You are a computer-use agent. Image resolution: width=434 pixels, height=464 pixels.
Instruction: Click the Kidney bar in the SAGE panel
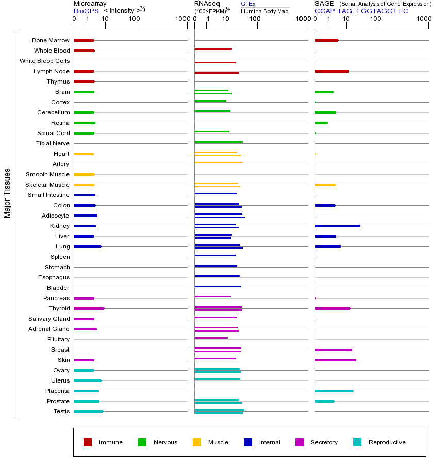click(338, 226)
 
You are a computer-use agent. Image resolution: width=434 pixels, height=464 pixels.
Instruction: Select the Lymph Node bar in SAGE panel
click(332, 71)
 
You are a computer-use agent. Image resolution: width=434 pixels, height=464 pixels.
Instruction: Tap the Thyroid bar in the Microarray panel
click(89, 308)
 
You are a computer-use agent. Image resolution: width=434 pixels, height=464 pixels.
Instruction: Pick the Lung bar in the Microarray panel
click(88, 246)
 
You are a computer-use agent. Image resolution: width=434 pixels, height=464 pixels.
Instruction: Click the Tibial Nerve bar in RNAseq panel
click(219, 142)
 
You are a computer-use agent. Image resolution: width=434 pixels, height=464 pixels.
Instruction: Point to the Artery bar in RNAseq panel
click(219, 162)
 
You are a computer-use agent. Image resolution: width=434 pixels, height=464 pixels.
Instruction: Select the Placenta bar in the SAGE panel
click(334, 391)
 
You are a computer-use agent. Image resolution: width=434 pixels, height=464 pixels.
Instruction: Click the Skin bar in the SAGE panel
click(336, 360)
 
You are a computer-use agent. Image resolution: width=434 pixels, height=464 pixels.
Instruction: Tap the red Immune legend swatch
click(88, 442)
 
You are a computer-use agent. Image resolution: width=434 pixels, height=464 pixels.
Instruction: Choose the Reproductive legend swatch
click(357, 442)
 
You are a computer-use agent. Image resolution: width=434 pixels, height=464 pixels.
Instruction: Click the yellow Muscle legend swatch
click(197, 442)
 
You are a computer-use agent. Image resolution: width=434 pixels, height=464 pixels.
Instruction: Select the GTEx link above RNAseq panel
click(248, 4)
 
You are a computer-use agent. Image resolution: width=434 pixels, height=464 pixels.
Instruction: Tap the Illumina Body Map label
click(264, 11)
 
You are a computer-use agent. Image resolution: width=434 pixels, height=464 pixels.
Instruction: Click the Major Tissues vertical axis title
click(7, 193)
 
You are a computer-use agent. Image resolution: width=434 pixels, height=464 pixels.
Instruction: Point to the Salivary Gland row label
click(49, 319)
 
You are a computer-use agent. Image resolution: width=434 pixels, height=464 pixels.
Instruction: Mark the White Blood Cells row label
click(44, 61)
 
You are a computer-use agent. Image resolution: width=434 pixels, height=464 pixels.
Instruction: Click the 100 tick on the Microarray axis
click(135, 19)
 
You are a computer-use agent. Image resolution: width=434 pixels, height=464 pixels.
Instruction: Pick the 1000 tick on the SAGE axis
click(424, 19)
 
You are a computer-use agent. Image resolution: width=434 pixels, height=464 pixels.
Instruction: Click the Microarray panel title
click(90, 4)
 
